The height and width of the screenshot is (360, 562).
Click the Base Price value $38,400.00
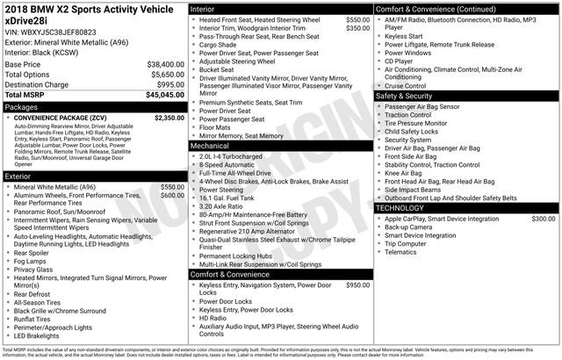coord(165,65)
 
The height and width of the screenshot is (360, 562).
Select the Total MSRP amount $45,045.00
coord(165,95)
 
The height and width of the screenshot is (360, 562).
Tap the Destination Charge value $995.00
coord(169,84)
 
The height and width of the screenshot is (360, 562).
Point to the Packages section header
coord(22,107)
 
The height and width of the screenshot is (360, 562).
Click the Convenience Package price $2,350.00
coord(169,118)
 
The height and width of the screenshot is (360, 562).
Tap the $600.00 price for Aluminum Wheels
coord(172,196)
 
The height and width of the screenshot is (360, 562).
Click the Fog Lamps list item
coord(31,261)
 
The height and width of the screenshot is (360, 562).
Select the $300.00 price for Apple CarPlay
coord(544,218)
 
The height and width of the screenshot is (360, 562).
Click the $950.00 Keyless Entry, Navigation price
coord(357,285)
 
